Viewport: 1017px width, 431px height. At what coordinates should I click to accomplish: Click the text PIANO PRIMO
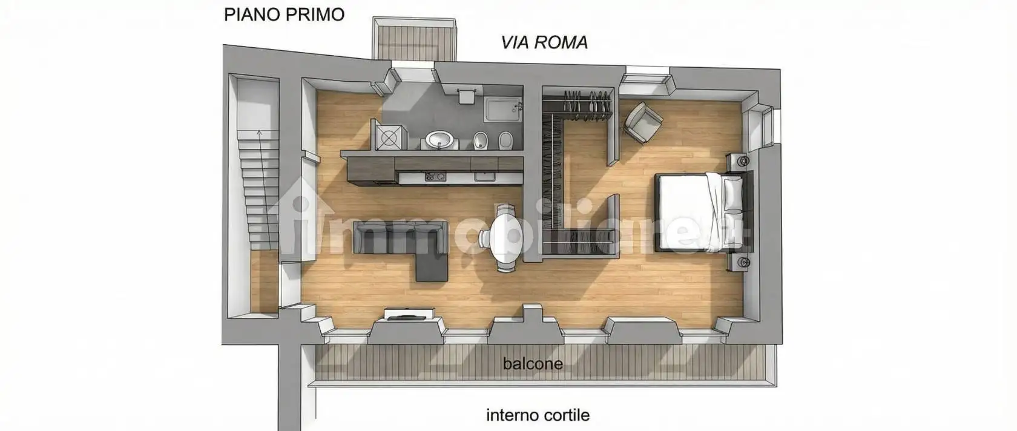click(284, 15)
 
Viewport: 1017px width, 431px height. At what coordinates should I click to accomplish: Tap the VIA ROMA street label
click(544, 42)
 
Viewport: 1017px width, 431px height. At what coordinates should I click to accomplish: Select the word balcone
click(533, 364)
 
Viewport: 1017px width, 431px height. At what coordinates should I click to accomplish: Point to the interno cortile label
click(538, 415)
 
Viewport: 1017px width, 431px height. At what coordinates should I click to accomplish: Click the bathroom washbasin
click(440, 140)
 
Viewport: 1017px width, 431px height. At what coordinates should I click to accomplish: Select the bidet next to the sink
click(481, 140)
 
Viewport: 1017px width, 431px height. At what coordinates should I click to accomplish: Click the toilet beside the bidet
click(505, 141)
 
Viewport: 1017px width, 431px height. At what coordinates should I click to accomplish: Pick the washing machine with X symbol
click(387, 137)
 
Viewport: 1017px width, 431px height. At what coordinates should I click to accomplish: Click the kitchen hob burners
click(435, 177)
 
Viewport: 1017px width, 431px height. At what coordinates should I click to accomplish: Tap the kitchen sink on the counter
click(484, 177)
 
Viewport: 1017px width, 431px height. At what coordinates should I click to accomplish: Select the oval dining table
click(505, 239)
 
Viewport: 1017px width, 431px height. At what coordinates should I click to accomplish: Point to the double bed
click(702, 212)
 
